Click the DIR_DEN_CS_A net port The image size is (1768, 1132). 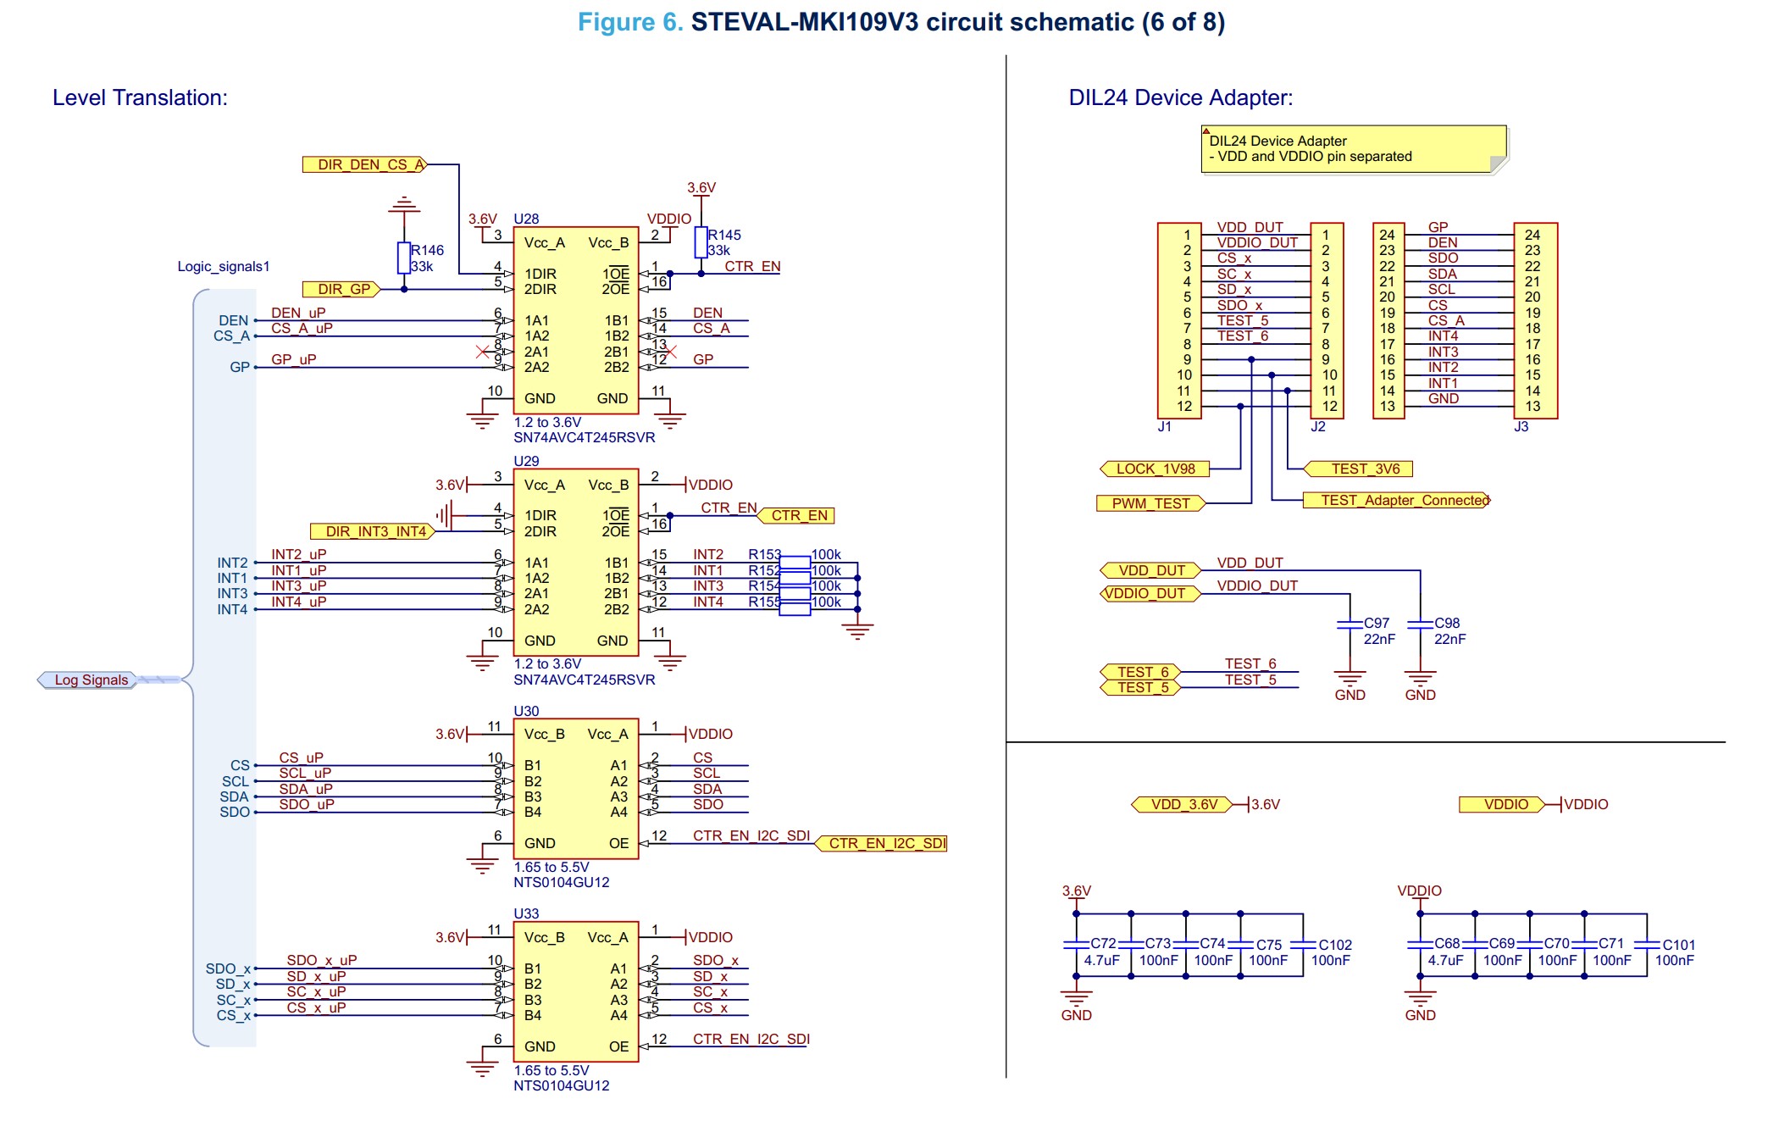tap(365, 164)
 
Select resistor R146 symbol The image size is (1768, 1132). tap(404, 258)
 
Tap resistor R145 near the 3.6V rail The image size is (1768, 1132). tap(701, 242)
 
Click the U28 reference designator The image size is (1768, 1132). tap(526, 219)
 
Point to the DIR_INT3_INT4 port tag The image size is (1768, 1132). tap(374, 531)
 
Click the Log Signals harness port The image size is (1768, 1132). tap(88, 680)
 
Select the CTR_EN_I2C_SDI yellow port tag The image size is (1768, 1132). tap(882, 843)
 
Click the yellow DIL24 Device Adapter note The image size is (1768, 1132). tap(1352, 149)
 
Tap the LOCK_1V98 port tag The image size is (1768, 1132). tap(1154, 469)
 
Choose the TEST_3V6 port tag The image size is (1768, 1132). tap(1359, 469)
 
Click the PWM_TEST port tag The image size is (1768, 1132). tap(1150, 503)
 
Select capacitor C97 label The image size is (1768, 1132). tap(1377, 623)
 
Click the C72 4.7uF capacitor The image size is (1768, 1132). tap(1076, 944)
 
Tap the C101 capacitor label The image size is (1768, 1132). tap(1678, 945)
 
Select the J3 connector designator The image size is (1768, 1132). tap(1521, 426)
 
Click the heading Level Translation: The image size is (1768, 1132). tap(140, 97)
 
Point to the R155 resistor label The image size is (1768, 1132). tap(763, 602)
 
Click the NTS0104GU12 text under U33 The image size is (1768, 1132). tap(561, 1085)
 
